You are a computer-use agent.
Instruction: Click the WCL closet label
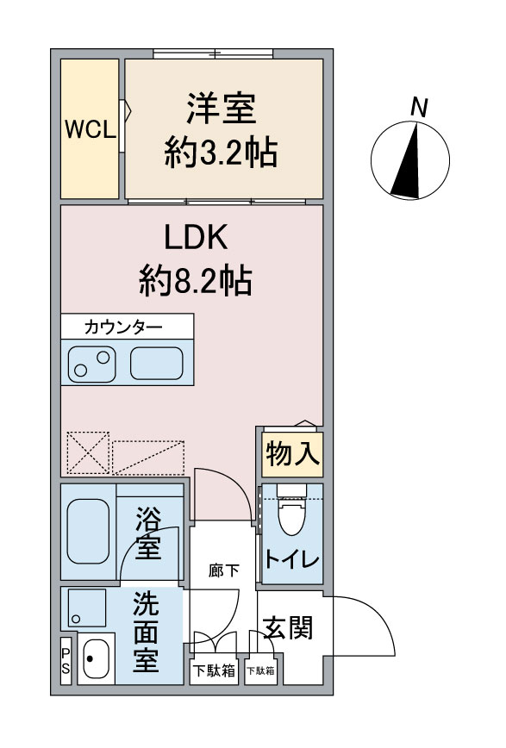point(91,128)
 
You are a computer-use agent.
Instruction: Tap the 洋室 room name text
point(221,109)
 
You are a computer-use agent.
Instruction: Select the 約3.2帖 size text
point(221,153)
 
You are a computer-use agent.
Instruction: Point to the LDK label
point(196,237)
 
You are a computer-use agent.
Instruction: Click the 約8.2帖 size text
point(195,281)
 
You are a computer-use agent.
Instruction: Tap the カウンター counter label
point(123,327)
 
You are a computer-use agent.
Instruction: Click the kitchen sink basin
point(157,363)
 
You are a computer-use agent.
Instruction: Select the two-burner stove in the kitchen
point(91,365)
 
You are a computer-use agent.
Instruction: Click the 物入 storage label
point(292,453)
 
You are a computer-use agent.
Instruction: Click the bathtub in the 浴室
point(88,531)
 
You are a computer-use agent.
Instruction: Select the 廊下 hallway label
point(224,570)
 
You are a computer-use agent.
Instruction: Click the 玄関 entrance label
point(288,626)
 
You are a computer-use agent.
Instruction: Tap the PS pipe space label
point(66,661)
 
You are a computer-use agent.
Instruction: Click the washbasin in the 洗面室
point(96,658)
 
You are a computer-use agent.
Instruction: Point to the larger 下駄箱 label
point(214,670)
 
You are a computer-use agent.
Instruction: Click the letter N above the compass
point(419,108)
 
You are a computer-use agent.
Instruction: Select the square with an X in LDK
point(88,453)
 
